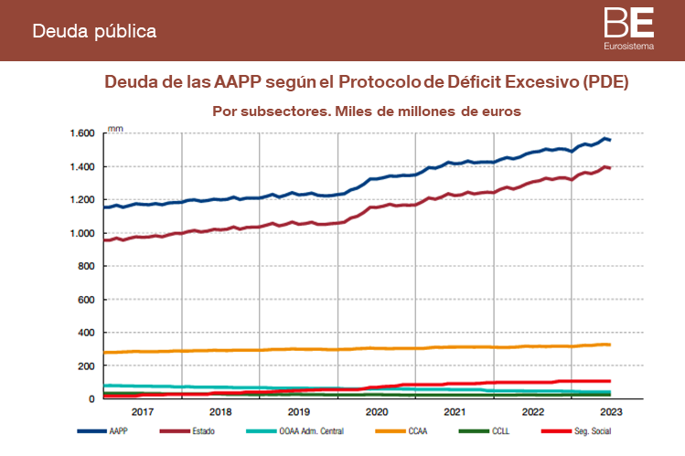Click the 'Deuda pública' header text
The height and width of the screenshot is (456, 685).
click(x=94, y=30)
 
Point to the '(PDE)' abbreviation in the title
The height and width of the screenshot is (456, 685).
click(x=605, y=82)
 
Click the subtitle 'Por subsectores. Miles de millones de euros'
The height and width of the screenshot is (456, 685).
click(x=366, y=111)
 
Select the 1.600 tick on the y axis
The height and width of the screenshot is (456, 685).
click(x=82, y=133)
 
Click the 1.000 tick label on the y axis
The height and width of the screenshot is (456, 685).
click(x=82, y=233)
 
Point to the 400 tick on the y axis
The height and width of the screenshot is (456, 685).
click(x=86, y=333)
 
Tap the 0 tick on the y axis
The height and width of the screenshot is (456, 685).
click(x=92, y=399)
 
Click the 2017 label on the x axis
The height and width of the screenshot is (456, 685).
click(x=143, y=413)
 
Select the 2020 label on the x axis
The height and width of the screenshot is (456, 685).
click(x=376, y=413)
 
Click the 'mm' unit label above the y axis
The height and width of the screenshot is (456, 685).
click(x=114, y=128)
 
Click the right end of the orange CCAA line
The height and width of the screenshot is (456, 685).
click(x=609, y=345)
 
